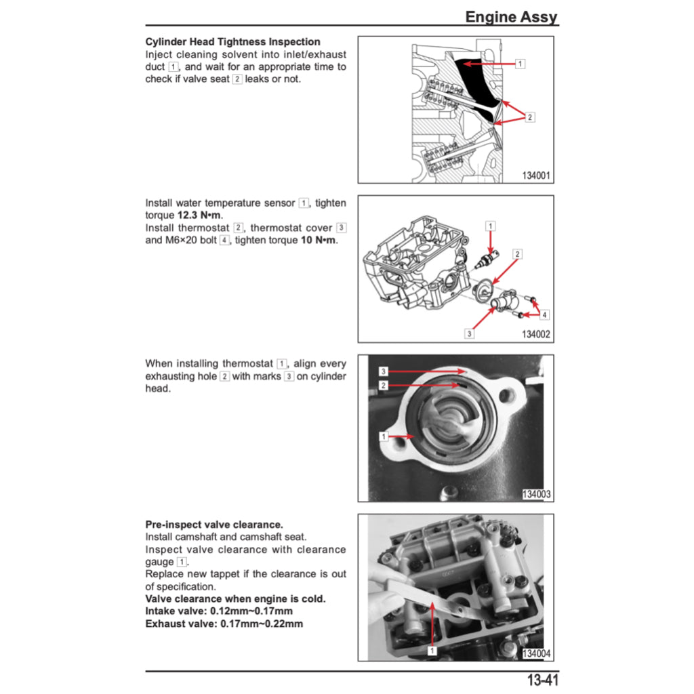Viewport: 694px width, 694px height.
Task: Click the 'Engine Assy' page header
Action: (x=511, y=17)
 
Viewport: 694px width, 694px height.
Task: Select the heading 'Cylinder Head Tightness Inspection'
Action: (x=232, y=42)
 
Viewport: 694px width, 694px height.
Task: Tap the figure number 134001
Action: (x=536, y=176)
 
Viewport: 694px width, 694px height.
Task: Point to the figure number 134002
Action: (x=536, y=334)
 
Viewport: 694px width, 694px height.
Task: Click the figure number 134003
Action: (x=536, y=495)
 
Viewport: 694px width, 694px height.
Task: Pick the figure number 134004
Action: (x=536, y=653)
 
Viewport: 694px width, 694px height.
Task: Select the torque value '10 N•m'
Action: (x=319, y=240)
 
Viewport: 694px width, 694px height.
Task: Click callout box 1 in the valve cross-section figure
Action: (x=520, y=64)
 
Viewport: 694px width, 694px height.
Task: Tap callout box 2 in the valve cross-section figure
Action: (x=529, y=117)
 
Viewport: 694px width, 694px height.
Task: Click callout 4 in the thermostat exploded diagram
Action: (x=544, y=314)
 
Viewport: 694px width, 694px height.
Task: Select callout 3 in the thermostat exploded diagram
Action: (x=469, y=333)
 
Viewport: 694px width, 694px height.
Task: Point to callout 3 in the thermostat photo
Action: (x=383, y=371)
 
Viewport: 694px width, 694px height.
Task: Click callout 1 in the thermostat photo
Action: (x=383, y=436)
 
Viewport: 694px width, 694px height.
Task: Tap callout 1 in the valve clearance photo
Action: (x=431, y=650)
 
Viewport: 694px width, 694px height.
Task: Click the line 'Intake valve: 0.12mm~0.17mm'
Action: (x=219, y=611)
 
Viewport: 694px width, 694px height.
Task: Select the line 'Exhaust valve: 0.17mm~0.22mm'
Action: (x=224, y=624)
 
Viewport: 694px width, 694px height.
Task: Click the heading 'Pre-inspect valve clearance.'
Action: (x=214, y=525)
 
